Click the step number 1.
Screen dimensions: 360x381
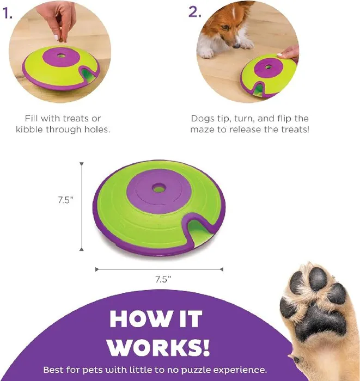7,13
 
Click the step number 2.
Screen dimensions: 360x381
195,12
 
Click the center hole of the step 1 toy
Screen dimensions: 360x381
61,56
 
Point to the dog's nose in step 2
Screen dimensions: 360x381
236,46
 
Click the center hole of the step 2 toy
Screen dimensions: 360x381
268,67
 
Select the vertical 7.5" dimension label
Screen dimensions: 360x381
65,200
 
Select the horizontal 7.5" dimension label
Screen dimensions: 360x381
163,279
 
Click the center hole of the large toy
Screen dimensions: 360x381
158,188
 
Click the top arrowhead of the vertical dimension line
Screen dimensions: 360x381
82,164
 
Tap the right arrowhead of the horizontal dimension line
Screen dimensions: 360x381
221,269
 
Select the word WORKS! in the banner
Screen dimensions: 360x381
158,347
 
